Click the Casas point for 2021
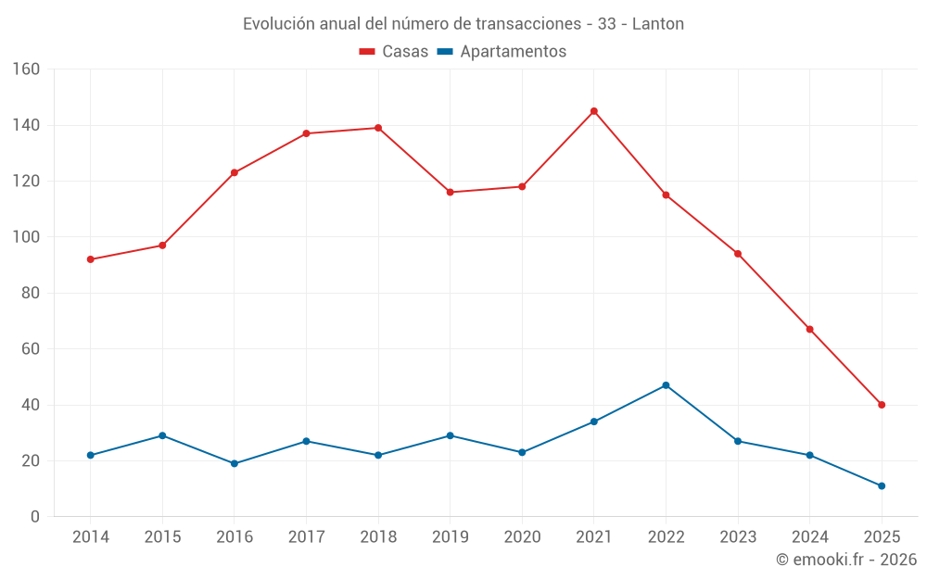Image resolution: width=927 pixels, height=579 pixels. tap(594, 111)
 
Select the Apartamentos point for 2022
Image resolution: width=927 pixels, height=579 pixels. tap(666, 385)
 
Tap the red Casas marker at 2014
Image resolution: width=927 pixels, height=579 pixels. tap(91, 259)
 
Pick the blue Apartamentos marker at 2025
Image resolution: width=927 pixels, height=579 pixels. tap(882, 485)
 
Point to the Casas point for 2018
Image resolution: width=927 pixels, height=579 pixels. tap(378, 128)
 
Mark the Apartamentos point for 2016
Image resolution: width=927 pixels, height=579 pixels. tap(235, 463)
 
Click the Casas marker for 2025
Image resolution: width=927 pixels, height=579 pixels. tap(882, 405)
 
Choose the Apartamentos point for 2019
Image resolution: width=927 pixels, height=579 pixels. tap(451, 435)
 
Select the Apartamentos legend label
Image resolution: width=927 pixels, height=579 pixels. tap(513, 52)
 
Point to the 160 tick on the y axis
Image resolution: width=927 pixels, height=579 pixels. tap(26, 69)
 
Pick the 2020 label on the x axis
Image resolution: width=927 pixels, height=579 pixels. tap(522, 537)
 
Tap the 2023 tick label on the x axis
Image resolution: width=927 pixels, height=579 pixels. tap(738, 537)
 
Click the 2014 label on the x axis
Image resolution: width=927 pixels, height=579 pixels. tap(91, 537)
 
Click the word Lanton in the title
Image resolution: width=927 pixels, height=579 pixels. tap(658, 24)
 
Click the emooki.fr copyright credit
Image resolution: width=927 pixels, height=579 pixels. tap(846, 560)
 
